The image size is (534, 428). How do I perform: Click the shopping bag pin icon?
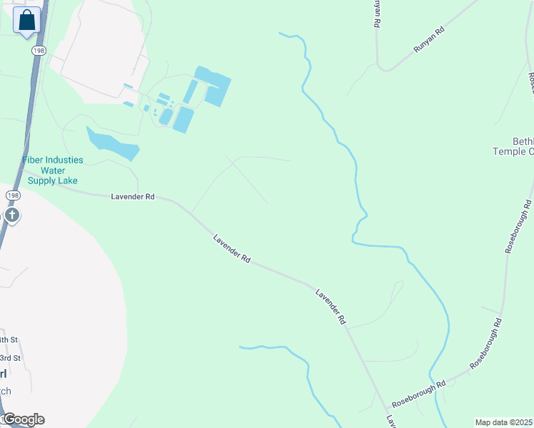click(x=26, y=21)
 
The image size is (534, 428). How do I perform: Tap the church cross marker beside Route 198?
click(x=11, y=215)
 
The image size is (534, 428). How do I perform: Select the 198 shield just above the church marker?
click(x=11, y=195)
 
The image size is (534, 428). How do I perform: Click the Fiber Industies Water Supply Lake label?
click(x=53, y=170)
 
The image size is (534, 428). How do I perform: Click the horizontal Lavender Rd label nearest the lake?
click(x=133, y=196)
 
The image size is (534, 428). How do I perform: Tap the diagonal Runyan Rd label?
click(x=428, y=40)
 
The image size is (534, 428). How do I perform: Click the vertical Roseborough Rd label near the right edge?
click(x=519, y=227)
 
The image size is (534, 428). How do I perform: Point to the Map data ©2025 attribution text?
click(x=503, y=422)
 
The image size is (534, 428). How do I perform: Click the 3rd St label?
click(x=10, y=357)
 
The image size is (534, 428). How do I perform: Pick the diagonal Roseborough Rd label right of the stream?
click(x=485, y=344)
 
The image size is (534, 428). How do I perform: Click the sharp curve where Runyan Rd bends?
click(x=386, y=69)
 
